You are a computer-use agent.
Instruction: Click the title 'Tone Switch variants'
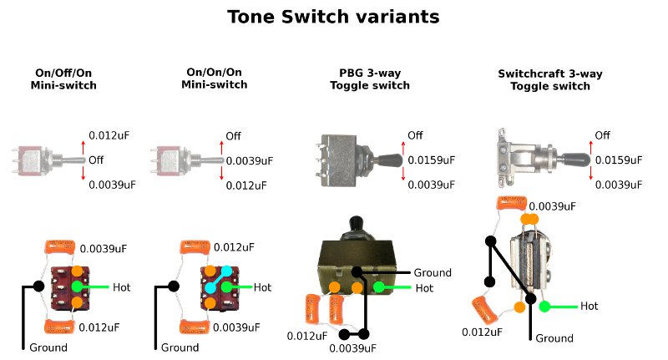pos(333,16)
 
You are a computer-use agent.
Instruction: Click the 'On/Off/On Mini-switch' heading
pos(63,79)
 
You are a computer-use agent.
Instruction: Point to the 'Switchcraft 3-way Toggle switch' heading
pos(549,79)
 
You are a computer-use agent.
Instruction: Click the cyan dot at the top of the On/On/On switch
pos(225,271)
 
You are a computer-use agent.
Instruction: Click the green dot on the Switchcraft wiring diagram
pos(544,307)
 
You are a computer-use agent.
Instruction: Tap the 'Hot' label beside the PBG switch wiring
pos(425,288)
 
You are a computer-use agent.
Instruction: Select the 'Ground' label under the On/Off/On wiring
pos(48,347)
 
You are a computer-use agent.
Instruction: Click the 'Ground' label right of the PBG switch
pos(432,272)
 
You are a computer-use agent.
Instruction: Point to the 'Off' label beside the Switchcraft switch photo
pos(602,135)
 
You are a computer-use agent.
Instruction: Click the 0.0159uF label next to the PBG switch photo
pos(431,160)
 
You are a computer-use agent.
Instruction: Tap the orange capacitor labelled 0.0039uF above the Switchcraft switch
pos(511,203)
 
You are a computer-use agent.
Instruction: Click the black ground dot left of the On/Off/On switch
pos(38,286)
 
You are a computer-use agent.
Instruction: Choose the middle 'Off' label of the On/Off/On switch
pos(96,160)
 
